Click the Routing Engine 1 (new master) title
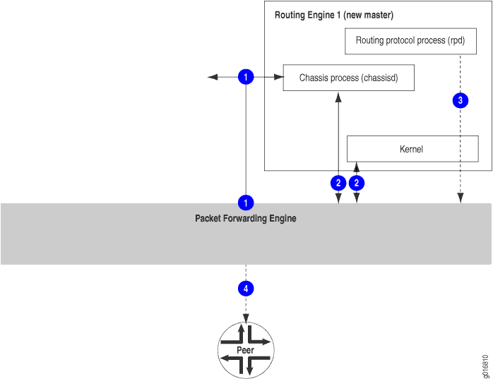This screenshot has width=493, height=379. [x=333, y=15]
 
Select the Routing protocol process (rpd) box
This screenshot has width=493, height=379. [x=410, y=41]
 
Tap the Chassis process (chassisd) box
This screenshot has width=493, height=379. [x=348, y=78]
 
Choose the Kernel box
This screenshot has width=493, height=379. [x=412, y=149]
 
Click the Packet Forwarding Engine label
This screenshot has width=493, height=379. [x=245, y=219]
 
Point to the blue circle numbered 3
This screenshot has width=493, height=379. [x=461, y=101]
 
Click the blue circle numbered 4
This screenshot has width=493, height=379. [x=245, y=289]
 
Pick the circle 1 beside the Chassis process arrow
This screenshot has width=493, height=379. [x=245, y=77]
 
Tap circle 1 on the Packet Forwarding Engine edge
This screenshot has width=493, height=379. [x=245, y=203]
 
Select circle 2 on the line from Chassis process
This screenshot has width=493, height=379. [x=338, y=183]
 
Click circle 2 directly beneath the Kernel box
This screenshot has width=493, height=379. [x=357, y=183]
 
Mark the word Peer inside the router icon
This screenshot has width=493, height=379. [x=245, y=350]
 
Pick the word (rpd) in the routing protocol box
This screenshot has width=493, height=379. [x=456, y=41]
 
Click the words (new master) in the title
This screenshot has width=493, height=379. [x=368, y=15]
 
